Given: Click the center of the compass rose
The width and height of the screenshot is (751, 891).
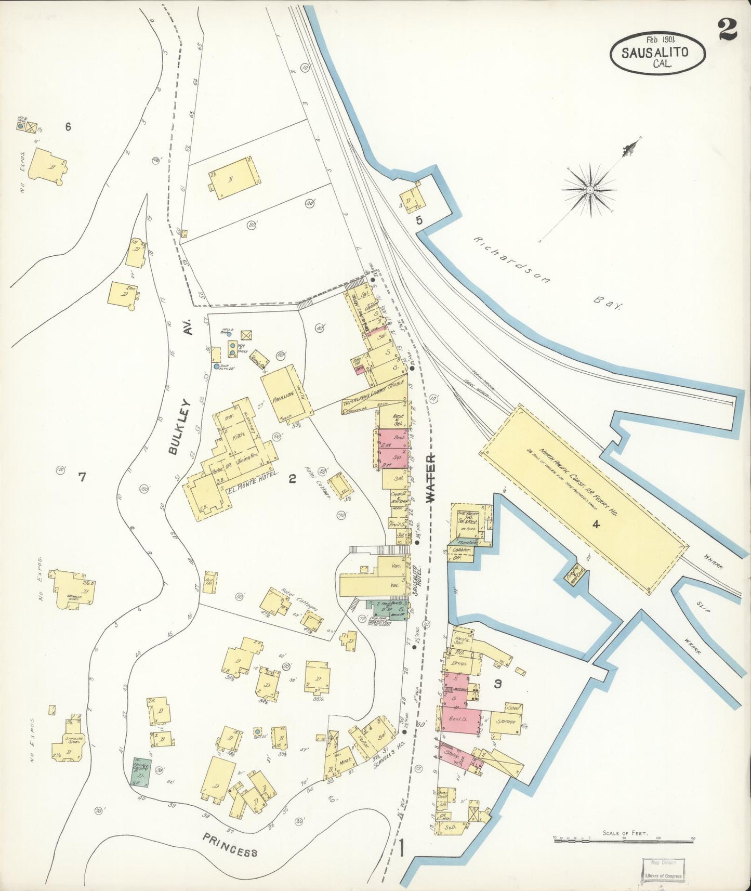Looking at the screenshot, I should coord(590,190).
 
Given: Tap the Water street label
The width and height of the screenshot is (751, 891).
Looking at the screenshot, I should coord(430,477).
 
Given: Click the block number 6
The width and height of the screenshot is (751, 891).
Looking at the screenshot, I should coord(68,126).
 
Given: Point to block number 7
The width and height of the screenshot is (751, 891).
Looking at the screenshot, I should coord(82,477).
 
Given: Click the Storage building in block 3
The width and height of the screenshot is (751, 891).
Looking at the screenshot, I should coord(505,722).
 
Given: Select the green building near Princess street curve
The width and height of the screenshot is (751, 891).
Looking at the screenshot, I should coord(141,770).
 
